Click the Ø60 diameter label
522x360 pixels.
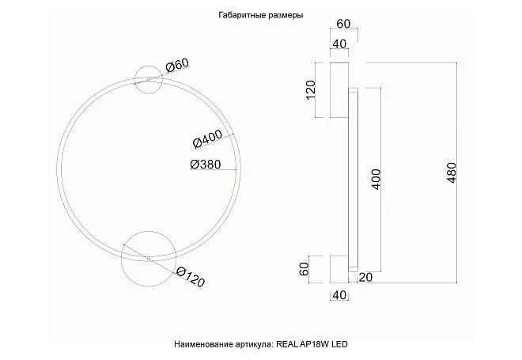(177, 65)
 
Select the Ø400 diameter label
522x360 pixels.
(207, 138)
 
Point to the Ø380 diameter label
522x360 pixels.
(206, 165)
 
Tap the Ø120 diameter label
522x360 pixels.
(191, 277)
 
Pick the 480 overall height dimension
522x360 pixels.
(452, 172)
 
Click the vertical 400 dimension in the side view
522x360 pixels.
(376, 179)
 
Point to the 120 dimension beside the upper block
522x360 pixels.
(310, 90)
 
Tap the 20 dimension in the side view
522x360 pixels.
(365, 277)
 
